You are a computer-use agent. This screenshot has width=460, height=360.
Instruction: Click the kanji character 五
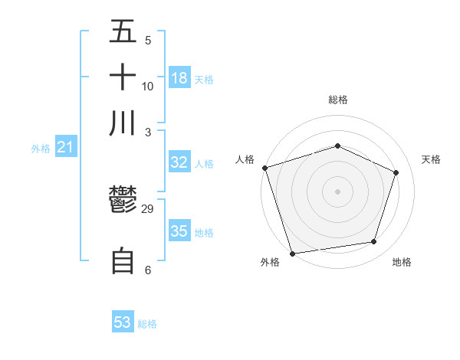coord(123,32)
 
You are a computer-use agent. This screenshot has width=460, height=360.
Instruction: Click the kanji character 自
coord(123,261)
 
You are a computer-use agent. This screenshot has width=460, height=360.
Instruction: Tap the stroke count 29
coord(149,208)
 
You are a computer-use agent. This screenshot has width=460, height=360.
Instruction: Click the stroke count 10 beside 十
coord(148,86)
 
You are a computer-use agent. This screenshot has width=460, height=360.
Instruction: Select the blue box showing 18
coord(179,77)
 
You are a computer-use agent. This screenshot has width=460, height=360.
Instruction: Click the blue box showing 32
coord(179,162)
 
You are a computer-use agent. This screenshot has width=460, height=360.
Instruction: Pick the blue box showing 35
coord(179,231)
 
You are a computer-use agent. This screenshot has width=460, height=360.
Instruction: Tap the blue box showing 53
coord(123,322)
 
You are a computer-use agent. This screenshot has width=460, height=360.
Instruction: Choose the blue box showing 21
coord(65,148)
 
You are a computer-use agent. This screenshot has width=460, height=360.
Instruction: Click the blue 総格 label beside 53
coord(147,324)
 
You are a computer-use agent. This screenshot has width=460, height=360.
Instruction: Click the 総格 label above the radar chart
coord(338,100)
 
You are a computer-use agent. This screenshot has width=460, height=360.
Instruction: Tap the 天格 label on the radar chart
coord(432,159)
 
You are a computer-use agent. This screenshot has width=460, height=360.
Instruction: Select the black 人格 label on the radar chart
coord(245,159)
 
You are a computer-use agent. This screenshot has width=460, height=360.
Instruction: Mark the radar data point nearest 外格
coord(292,253)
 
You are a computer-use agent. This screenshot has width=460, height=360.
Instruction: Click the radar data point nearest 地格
coord(374,242)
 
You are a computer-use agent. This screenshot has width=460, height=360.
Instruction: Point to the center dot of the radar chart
coord(338,191)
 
